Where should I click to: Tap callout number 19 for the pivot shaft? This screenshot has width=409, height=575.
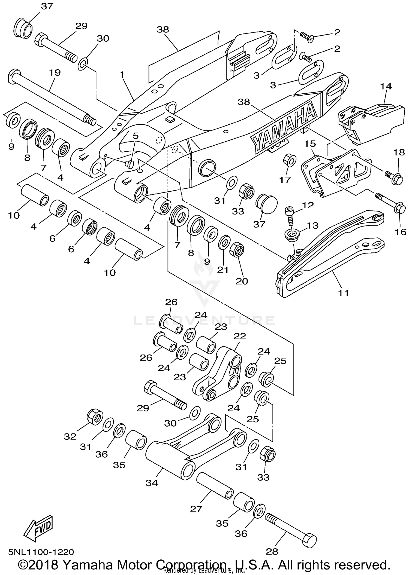coord(55,73)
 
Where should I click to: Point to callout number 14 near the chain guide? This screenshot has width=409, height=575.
coord(386,86)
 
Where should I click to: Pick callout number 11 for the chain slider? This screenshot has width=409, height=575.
coord(343,293)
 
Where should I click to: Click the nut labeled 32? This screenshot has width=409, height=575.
coord(95,417)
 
